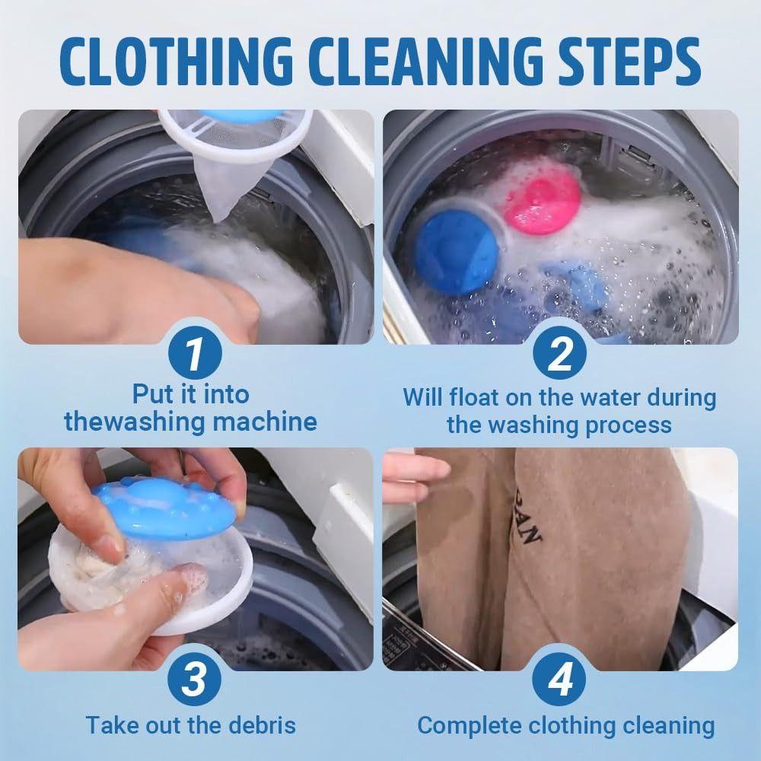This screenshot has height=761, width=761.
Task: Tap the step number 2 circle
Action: [560, 355]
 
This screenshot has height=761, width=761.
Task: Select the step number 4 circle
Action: [560, 680]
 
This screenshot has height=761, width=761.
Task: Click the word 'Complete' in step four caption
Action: [466, 725]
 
